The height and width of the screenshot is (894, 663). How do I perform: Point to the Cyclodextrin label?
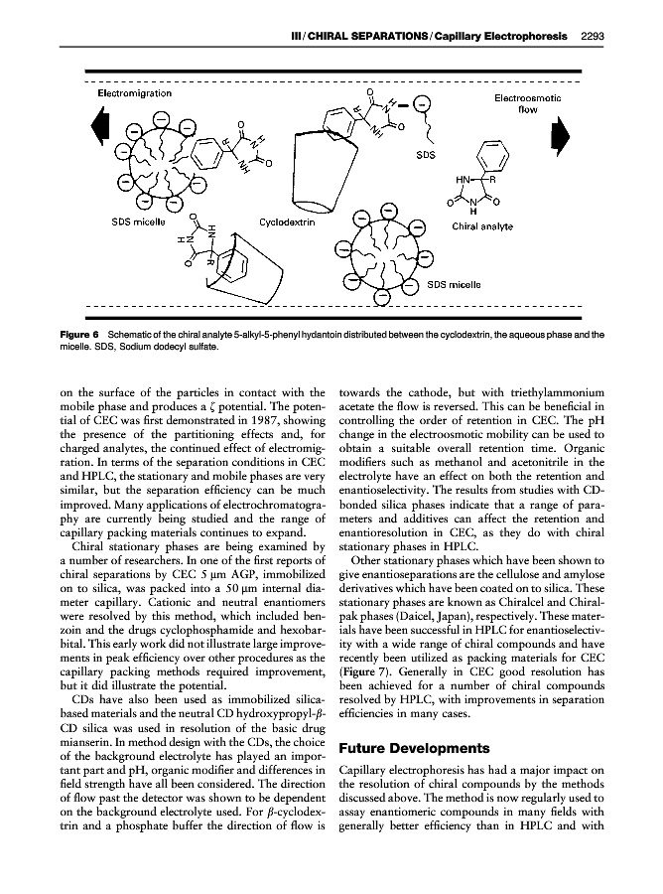click(288, 223)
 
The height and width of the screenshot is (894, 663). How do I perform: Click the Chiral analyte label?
click(482, 226)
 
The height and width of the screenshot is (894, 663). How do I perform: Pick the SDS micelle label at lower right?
click(455, 284)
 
